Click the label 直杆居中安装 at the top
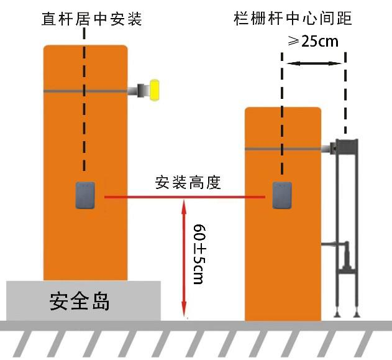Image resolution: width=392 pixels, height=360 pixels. click(92, 19)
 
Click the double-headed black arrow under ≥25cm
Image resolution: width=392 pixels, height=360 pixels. click(314, 63)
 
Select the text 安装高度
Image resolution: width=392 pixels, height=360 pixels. click(188, 183)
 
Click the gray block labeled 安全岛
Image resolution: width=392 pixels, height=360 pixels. click(83, 301)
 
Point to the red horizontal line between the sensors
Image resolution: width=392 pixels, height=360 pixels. click(186, 198)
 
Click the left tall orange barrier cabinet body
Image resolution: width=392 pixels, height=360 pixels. click(85, 143)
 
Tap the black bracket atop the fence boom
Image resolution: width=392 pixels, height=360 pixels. click(346, 145)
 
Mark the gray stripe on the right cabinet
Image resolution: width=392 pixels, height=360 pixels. click(283, 149)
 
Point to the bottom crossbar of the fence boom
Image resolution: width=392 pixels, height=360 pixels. click(347, 270)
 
